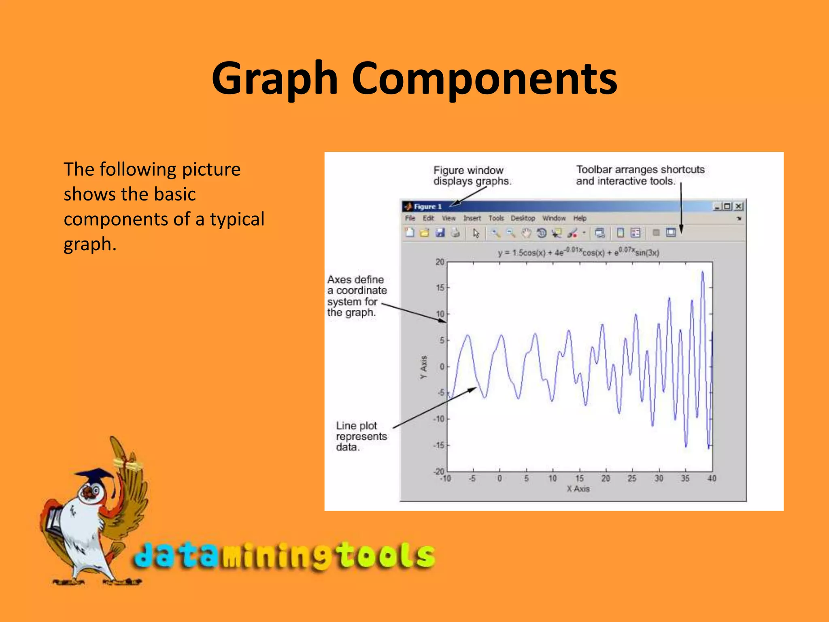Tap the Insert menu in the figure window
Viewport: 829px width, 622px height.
(472, 218)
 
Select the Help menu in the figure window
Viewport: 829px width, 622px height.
(580, 218)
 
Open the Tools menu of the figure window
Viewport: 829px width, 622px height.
(496, 218)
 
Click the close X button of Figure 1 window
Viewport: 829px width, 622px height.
(739, 207)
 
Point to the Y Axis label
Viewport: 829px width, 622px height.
(423, 367)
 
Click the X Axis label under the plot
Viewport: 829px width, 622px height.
(578, 489)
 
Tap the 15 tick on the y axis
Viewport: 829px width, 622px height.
(440, 288)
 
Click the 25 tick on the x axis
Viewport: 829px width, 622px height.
(632, 479)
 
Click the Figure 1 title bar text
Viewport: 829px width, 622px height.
(427, 207)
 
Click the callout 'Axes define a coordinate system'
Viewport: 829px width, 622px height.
(356, 296)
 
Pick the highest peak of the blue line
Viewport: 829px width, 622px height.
(702, 273)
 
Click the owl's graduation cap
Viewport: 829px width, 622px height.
(96, 475)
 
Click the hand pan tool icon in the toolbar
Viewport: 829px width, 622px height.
(526, 233)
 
